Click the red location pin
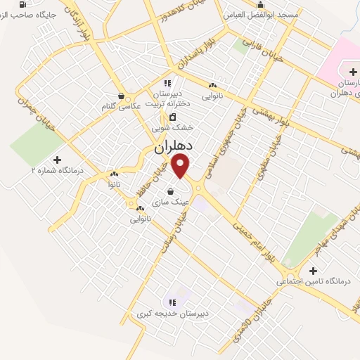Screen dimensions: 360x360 pos(181,166)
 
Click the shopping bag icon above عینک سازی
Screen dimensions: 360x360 pos(170,190)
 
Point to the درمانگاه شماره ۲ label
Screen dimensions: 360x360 pos(58,170)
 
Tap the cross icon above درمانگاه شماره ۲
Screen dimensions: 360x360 pos(58,160)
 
